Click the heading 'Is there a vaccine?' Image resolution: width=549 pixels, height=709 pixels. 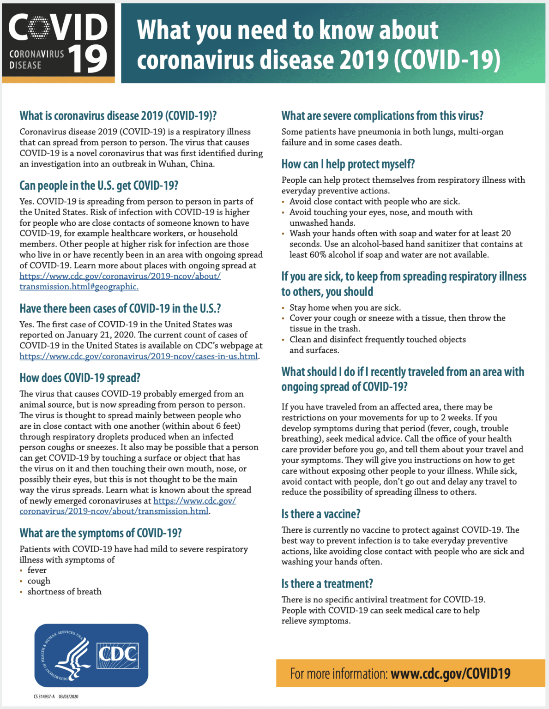321,514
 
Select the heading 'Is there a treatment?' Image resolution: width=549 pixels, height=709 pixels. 327,583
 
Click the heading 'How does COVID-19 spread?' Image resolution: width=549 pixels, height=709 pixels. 80,378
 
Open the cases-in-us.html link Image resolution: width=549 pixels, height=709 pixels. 139,356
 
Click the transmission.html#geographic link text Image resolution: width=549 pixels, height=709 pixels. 79,287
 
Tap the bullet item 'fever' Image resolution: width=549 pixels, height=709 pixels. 37,570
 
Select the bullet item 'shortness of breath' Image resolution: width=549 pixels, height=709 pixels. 64,591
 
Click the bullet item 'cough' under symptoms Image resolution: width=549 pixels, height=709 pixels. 39,581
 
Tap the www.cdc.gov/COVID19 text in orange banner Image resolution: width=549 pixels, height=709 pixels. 450,673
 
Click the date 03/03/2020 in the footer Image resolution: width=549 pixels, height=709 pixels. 68,697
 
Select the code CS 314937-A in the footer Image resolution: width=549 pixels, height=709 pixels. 44,697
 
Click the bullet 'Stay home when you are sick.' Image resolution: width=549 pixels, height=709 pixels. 345,307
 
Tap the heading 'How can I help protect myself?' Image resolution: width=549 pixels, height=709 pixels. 348,164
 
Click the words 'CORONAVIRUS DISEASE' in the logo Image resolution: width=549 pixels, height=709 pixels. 36,60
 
